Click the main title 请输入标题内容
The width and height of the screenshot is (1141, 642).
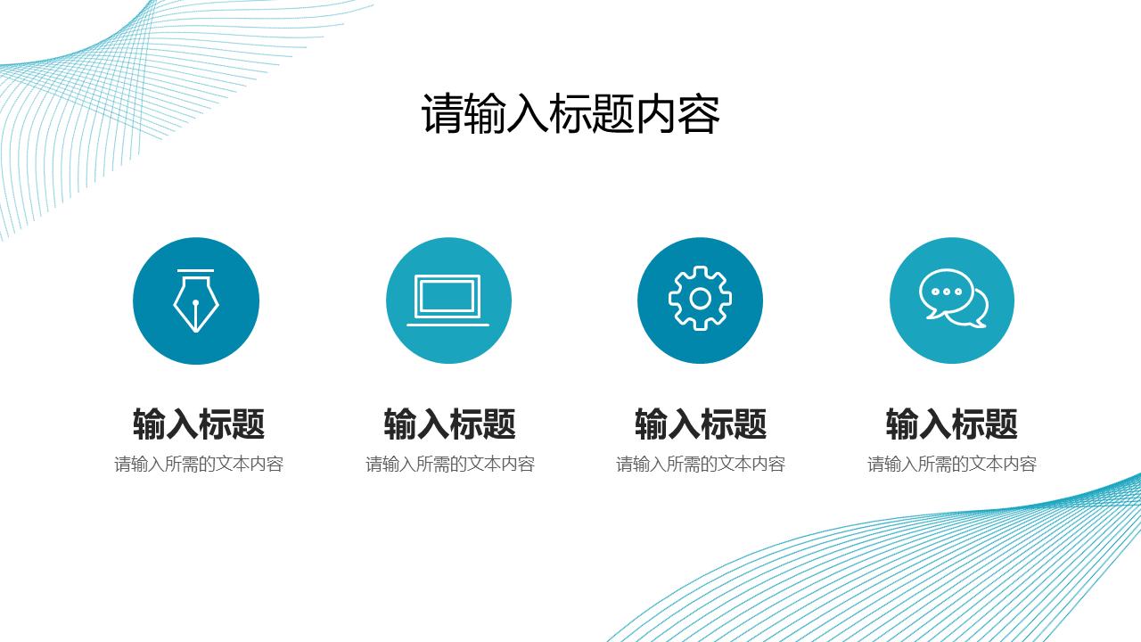coord(570,113)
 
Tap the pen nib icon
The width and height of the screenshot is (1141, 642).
coord(196,301)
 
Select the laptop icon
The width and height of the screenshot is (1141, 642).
coord(447,300)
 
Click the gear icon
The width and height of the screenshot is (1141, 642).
coord(700,299)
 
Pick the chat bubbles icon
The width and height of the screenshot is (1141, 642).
coord(953,299)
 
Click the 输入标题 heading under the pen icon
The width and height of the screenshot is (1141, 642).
coord(199,424)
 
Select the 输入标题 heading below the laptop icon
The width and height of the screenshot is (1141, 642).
coord(450,424)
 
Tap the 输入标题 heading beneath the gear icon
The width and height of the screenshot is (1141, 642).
coord(701,424)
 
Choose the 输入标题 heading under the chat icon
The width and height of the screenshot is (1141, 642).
coord(951,424)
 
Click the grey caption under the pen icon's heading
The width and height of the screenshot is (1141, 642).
coord(199,465)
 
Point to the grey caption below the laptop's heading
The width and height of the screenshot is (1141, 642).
coord(450,465)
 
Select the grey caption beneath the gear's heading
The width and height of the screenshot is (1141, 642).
coord(701,465)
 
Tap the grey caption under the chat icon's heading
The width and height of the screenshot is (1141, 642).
coord(951,465)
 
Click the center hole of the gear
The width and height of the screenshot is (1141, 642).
coord(700,299)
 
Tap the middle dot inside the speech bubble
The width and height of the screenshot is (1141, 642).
coord(946,292)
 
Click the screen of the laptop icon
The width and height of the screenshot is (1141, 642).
coord(447,296)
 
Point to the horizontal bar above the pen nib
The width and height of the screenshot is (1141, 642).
coord(195,270)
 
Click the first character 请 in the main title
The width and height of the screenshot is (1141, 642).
coord(442,113)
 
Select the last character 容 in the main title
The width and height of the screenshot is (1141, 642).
coord(699,113)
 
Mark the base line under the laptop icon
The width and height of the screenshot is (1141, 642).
coord(447,325)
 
